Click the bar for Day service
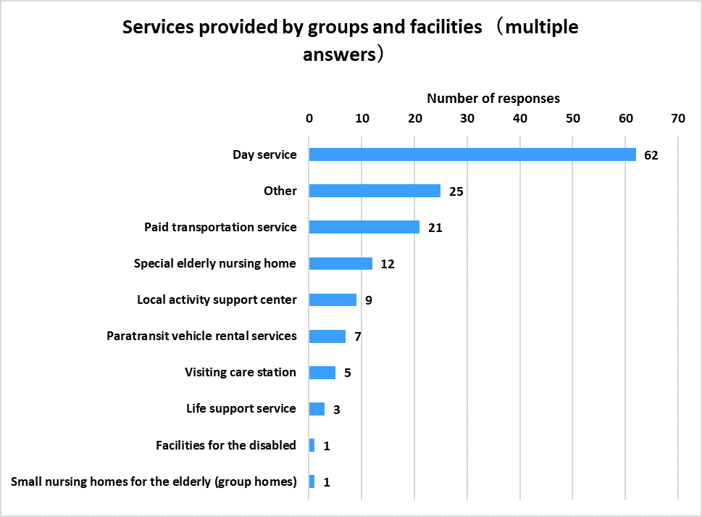[x=472, y=154]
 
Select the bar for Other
[x=375, y=191]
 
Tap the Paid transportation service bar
[x=364, y=227]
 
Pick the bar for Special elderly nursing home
[x=340, y=263]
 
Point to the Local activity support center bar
[x=333, y=299]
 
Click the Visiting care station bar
[x=322, y=372]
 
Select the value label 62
[x=651, y=155]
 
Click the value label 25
[x=456, y=191]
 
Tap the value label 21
[x=435, y=228]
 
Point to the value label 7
[x=358, y=336]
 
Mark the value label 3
[x=337, y=410]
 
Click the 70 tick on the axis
[x=678, y=117]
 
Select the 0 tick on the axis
[x=309, y=117]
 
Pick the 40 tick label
[x=520, y=117]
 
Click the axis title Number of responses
[x=493, y=99]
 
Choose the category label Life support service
[x=241, y=408]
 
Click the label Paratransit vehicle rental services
[x=201, y=336]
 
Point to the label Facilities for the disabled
[x=226, y=444]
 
